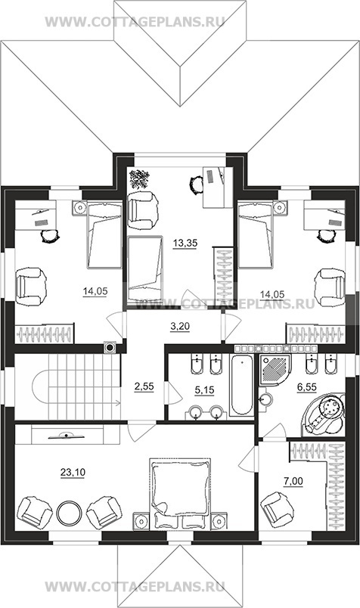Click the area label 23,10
(x=73, y=473)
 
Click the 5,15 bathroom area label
(x=204, y=389)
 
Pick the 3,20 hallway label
(x=180, y=327)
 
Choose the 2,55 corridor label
(x=144, y=386)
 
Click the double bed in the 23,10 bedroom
(x=180, y=494)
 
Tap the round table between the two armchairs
(x=69, y=512)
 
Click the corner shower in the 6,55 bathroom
(x=275, y=369)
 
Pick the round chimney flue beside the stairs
(x=110, y=347)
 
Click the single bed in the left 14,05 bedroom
(x=104, y=234)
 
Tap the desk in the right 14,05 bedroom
(x=324, y=215)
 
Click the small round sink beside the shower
(x=265, y=399)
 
